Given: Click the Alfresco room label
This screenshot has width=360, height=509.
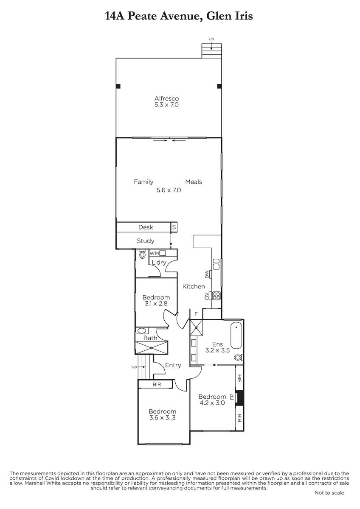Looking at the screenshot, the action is point(166,98).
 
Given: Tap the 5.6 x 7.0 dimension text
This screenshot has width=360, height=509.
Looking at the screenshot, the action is point(169,190).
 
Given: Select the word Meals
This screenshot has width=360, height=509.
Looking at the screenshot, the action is point(194,182).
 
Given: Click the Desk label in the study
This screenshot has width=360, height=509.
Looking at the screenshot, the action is point(146,227).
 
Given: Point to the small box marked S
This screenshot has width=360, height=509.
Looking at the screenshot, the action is point(174,227).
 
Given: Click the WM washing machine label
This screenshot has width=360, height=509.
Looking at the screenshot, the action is point(154,253).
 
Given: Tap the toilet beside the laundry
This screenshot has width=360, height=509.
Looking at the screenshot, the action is point(142,254).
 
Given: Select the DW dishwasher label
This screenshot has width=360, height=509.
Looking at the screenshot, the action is point(207,274).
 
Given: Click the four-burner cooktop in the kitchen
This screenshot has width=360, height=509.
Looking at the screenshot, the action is point(216,296).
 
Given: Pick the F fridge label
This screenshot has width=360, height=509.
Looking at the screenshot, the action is point(196,314).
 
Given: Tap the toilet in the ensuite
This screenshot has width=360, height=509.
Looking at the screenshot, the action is point(239,358).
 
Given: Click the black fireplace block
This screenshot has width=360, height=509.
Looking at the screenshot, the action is point(240,397).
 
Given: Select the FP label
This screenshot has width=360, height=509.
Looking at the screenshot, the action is point(232,397).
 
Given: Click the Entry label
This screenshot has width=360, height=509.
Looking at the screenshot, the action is point(173,365).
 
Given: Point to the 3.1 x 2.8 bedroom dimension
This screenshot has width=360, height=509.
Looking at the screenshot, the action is point(156,303).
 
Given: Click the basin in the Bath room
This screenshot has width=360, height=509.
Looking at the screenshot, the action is point(142,330).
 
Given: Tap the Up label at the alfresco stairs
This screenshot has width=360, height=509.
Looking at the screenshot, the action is point(211,39).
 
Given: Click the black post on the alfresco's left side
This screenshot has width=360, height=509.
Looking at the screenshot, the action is point(118,86).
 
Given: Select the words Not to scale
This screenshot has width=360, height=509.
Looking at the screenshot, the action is point(329,492).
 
